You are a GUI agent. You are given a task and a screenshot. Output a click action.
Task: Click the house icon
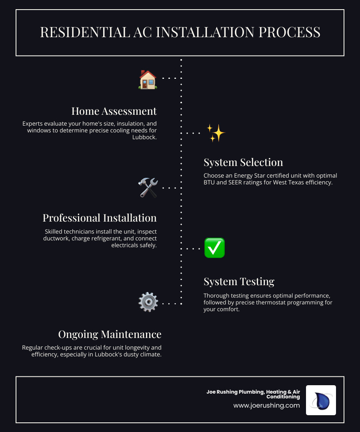pyautogui.click(x=148, y=79)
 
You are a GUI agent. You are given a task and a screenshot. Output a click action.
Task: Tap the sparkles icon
pyautogui.click(x=216, y=133)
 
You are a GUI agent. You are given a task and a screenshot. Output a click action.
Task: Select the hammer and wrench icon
pyautogui.click(x=148, y=188)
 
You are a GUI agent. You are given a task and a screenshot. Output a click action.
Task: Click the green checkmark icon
pyautogui.click(x=214, y=248)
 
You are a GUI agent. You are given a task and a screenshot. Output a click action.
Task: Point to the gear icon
pyautogui.click(x=148, y=302)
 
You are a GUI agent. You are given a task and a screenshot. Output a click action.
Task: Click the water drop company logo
pyautogui.click(x=321, y=400)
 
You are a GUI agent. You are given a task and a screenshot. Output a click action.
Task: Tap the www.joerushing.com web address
pyautogui.click(x=266, y=405)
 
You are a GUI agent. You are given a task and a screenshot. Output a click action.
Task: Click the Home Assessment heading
pyautogui.click(x=114, y=111)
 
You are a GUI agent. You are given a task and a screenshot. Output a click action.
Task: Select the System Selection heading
pyautogui.click(x=243, y=162)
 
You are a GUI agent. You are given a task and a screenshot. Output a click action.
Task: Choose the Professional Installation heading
pyautogui.click(x=100, y=218)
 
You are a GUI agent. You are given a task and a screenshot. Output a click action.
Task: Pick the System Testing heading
pyautogui.click(x=239, y=282)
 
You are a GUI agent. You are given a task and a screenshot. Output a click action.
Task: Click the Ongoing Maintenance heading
pyautogui.click(x=110, y=334)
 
